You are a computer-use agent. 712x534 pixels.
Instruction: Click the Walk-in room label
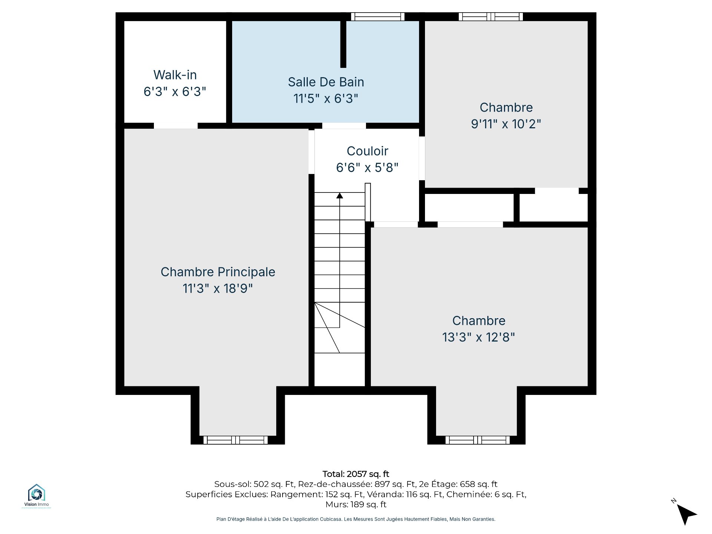point(175,75)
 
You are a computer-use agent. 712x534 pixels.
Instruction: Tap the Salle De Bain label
point(326,82)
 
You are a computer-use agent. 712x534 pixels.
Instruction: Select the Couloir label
point(367,151)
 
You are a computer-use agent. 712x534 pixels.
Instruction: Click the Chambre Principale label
point(218,272)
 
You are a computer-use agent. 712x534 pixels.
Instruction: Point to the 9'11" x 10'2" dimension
point(506,124)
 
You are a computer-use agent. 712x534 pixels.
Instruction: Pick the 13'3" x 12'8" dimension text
point(479,337)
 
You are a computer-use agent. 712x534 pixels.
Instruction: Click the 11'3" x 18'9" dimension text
point(218,289)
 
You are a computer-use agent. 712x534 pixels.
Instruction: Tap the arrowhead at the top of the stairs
point(340,195)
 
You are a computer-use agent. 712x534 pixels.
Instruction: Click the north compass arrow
point(687,514)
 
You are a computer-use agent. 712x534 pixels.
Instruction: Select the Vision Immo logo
point(36,496)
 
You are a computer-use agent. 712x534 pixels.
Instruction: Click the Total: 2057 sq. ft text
point(356,474)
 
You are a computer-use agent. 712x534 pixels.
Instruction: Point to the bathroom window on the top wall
point(378,17)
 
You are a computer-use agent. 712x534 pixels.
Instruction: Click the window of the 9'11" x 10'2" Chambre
point(491,17)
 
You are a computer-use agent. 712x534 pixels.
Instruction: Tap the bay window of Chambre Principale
point(235,440)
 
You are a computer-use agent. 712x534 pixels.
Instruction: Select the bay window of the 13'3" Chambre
point(478,440)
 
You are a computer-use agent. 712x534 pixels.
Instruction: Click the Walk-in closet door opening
point(176,126)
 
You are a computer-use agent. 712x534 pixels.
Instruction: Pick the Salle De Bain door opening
point(344,126)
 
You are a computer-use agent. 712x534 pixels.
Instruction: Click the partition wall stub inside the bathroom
point(343,44)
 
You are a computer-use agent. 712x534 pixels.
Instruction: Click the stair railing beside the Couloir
point(368,202)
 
